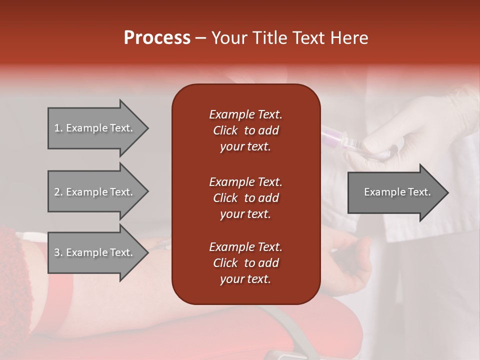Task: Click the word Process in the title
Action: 157,37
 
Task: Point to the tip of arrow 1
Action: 147,128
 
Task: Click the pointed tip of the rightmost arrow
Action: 447,192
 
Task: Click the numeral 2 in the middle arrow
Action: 56,192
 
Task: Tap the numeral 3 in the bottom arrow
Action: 56,252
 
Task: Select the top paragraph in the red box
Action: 245,130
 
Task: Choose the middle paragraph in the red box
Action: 245,197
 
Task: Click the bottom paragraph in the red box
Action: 245,263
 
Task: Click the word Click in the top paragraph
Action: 225,130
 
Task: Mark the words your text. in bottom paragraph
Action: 245,279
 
